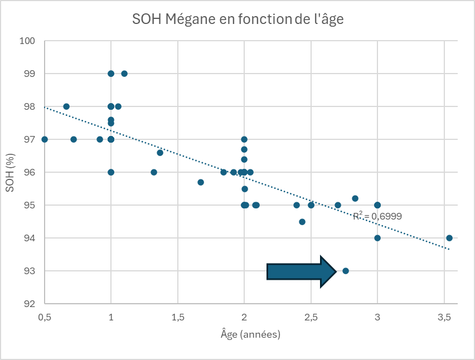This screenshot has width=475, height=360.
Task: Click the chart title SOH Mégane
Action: (238, 20)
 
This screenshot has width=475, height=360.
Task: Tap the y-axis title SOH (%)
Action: (10, 172)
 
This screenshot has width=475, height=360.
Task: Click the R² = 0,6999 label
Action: (377, 216)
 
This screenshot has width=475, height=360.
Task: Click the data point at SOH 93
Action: (346, 271)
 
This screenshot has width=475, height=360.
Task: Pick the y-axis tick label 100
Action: (27, 41)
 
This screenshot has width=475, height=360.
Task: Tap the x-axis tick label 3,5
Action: (444, 317)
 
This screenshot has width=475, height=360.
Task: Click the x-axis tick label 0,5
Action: (45, 317)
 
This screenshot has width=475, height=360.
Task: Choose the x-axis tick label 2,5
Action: (311, 317)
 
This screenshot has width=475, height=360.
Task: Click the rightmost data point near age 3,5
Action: (449, 238)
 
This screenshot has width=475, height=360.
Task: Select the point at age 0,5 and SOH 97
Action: (45, 139)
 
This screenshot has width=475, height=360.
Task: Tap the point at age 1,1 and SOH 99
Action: (124, 74)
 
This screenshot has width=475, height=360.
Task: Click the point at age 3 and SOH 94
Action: (377, 238)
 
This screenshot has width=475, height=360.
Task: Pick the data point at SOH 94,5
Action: (302, 222)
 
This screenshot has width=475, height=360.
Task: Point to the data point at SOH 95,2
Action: (355, 198)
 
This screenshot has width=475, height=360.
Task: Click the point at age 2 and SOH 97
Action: (244, 139)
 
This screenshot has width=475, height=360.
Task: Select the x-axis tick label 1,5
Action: (177, 317)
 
